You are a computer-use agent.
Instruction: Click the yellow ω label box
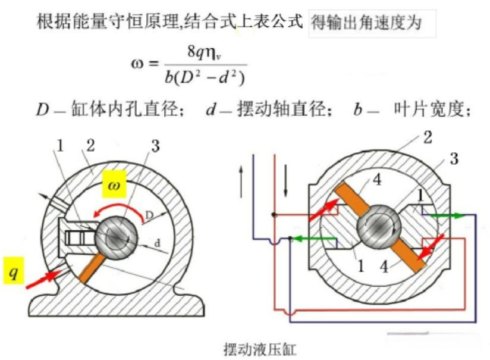(x=114, y=184)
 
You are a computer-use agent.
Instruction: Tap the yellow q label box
(x=14, y=271)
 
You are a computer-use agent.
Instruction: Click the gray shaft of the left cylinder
(x=116, y=236)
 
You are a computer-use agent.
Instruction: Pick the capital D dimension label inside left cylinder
(x=149, y=215)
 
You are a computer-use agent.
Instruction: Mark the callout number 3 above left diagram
(x=155, y=146)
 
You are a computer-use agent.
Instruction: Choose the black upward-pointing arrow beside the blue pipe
(x=241, y=181)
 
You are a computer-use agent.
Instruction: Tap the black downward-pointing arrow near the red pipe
(x=285, y=181)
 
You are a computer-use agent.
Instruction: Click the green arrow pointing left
(x=314, y=239)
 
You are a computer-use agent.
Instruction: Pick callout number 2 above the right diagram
(x=428, y=137)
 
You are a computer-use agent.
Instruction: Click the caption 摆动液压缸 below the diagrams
(x=260, y=349)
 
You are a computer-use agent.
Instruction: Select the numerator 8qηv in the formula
(x=205, y=52)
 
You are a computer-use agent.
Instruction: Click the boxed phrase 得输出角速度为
(x=366, y=23)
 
